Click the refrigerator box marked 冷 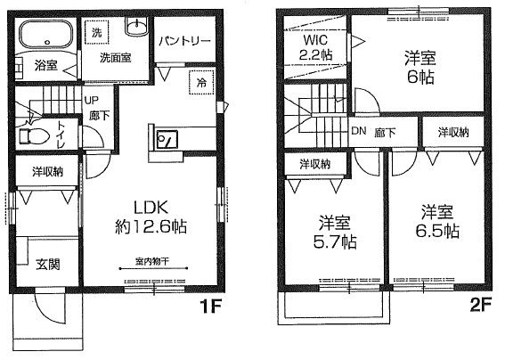click(x=200, y=81)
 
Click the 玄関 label click(x=48, y=264)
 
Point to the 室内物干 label click(x=151, y=261)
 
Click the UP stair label click(x=92, y=101)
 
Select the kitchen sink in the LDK click(x=166, y=140)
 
